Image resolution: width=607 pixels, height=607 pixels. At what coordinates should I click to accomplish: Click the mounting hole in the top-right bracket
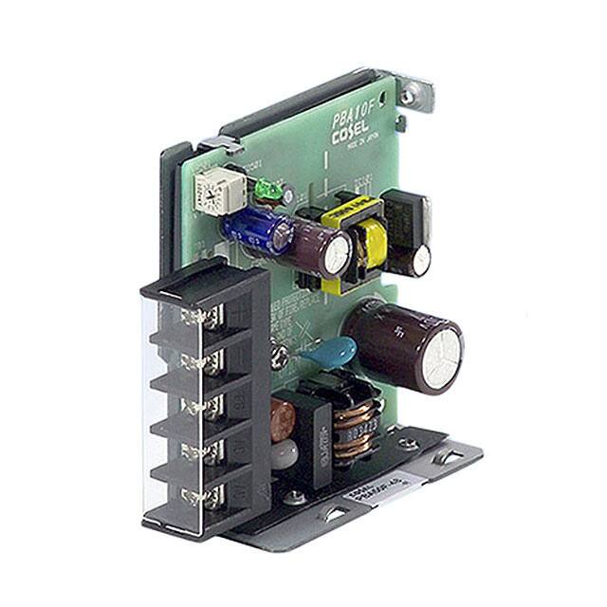pyautogui.click(x=409, y=95)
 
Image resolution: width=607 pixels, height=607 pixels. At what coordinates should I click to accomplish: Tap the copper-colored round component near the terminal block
pyautogui.click(x=282, y=418)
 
